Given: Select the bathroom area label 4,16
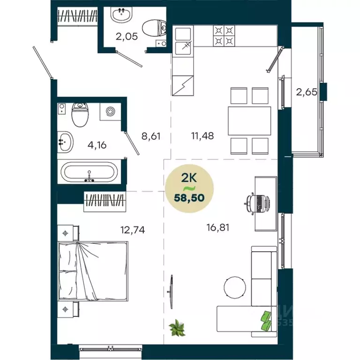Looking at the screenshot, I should tap(97, 144).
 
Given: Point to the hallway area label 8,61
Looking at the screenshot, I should tap(151, 137).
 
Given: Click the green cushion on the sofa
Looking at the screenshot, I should tap(266, 320).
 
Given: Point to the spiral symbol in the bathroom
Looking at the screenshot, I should tap(111, 112).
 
